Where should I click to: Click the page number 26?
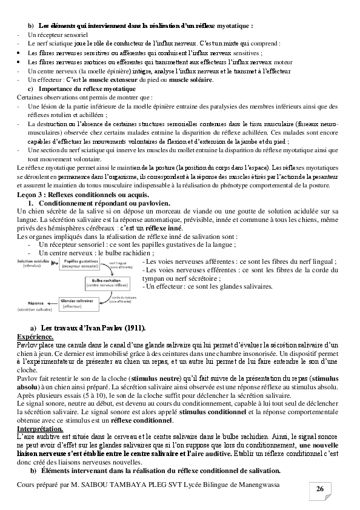pyautogui.click(x=320, y=489)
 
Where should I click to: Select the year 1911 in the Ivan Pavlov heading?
pyautogui.click(x=133, y=327)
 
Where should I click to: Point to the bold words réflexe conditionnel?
pyautogui.click(x=145, y=420)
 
